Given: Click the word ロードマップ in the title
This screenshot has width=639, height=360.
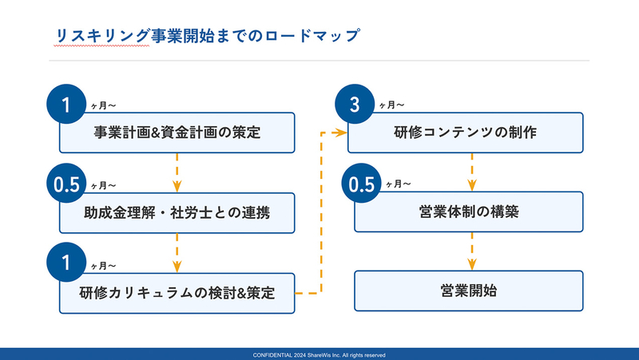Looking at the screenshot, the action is (x=312, y=36).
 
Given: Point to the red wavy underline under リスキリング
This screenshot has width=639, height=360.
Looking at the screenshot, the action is (x=101, y=45).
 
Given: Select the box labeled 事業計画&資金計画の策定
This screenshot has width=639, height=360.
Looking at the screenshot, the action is (x=177, y=133).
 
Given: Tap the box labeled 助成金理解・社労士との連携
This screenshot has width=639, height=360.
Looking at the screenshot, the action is (x=177, y=213).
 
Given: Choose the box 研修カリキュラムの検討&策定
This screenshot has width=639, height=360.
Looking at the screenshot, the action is (x=177, y=293).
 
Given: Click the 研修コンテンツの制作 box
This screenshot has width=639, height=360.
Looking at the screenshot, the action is (x=466, y=133).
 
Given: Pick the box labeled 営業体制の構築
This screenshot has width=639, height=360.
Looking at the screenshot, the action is (x=469, y=212).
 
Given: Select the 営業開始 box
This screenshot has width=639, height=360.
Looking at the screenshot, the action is (x=469, y=291).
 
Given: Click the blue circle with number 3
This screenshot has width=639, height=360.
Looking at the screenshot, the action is (x=355, y=104).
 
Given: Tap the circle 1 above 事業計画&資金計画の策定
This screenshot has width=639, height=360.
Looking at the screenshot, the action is (x=66, y=105).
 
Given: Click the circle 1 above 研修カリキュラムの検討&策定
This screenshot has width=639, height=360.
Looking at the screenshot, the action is (x=66, y=263).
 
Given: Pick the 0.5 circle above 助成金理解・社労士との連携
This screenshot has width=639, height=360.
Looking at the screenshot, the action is (x=66, y=184).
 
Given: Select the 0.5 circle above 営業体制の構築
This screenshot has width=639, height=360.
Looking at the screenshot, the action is (x=362, y=184).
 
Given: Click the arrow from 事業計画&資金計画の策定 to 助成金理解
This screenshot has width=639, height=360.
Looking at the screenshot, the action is (x=177, y=172).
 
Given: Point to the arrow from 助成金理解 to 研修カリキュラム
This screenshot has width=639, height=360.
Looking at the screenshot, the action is (x=177, y=253).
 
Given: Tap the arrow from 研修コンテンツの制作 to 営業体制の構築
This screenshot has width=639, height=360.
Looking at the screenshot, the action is (x=472, y=172).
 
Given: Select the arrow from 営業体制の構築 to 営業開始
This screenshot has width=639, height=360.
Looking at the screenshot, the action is (x=472, y=251).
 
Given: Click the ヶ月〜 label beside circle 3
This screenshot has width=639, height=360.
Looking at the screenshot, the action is (x=391, y=105).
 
